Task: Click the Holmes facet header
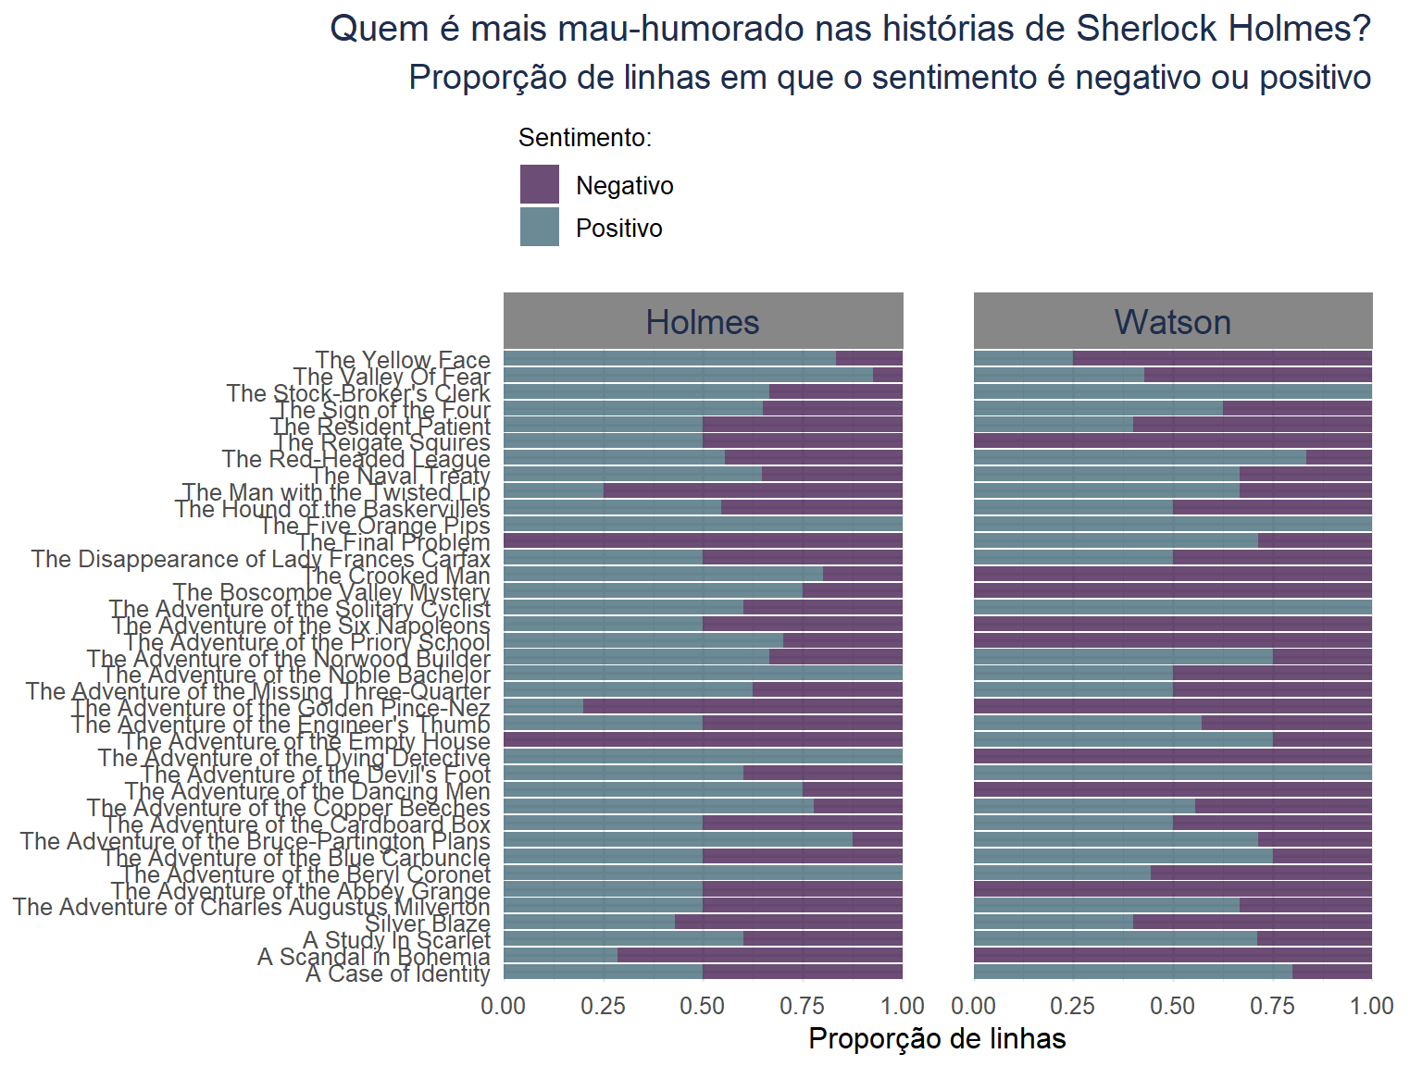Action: [703, 322]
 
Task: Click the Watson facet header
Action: [1172, 322]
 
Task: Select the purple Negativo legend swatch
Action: [540, 184]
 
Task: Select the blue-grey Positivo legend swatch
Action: [540, 227]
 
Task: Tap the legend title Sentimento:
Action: [585, 138]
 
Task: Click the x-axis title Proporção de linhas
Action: [937, 1038]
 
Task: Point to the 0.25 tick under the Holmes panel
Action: [604, 1006]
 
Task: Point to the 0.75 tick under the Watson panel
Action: [1273, 1006]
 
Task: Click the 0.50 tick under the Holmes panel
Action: [703, 1006]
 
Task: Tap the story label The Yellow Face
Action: [402, 359]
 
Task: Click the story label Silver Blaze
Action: [427, 923]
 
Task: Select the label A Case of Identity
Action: [397, 973]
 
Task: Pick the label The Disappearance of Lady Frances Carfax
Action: [260, 559]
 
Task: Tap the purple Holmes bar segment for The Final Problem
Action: [703, 540]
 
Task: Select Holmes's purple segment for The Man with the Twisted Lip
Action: [752, 490]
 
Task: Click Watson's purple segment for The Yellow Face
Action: [1222, 358]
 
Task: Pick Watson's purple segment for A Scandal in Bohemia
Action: [1172, 955]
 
